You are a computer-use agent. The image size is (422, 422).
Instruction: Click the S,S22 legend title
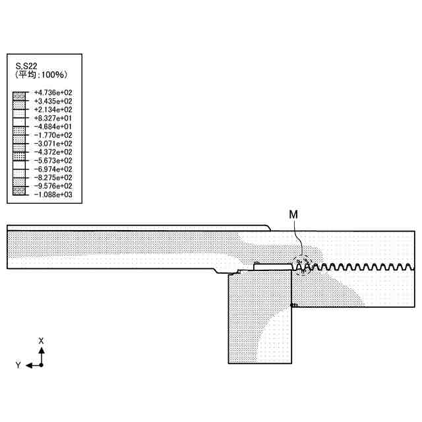coord(27,65)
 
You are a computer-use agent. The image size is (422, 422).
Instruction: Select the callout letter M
coord(293,214)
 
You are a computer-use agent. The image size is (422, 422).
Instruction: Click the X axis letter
coord(41,341)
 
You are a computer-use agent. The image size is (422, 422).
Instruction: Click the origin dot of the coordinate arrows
coord(41,365)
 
